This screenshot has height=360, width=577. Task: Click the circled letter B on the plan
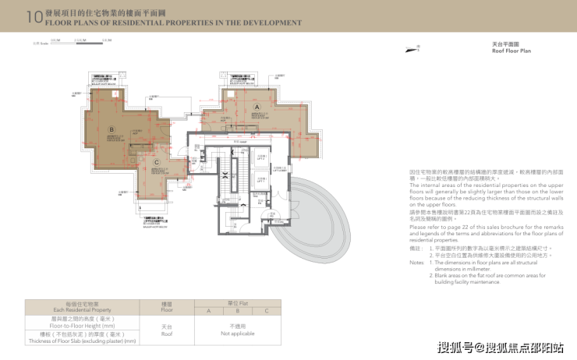click(112, 130)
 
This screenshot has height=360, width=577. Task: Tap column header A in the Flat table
click(207, 310)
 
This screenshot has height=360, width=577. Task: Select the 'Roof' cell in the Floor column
click(167, 333)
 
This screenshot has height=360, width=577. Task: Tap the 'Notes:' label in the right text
click(416, 263)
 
